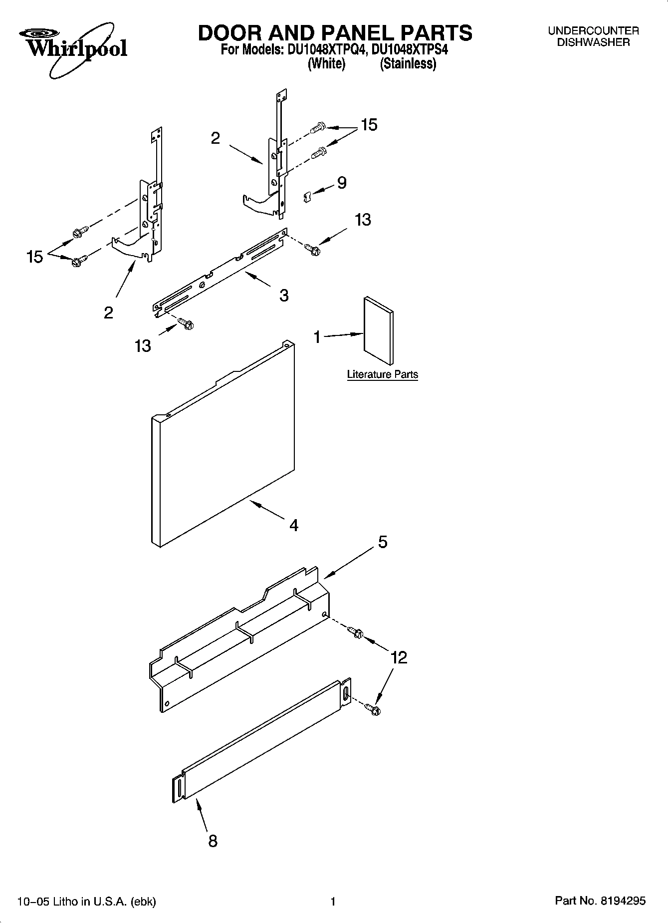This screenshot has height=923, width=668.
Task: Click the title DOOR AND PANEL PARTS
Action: coord(335,33)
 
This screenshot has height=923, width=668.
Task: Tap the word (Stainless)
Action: coord(408,64)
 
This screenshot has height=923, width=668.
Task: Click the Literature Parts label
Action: coord(382,374)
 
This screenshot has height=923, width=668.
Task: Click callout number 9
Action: coord(342,183)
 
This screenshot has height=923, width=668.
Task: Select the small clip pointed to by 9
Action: coord(307,197)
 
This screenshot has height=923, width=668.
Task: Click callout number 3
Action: coord(284,296)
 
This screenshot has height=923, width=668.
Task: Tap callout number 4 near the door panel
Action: coord(294,525)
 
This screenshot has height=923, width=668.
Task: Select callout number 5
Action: coord(383,542)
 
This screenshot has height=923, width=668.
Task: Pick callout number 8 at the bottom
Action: coord(213,841)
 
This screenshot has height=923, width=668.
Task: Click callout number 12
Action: coord(399,657)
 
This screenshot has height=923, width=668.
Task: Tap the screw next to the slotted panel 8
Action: coord(372,708)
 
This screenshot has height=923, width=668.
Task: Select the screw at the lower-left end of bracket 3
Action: coord(186,324)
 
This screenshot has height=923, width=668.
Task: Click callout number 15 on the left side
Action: coord(35,257)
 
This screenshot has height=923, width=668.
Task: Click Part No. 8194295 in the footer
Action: coord(600,901)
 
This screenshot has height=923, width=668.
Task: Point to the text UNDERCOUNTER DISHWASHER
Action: coord(593,36)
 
